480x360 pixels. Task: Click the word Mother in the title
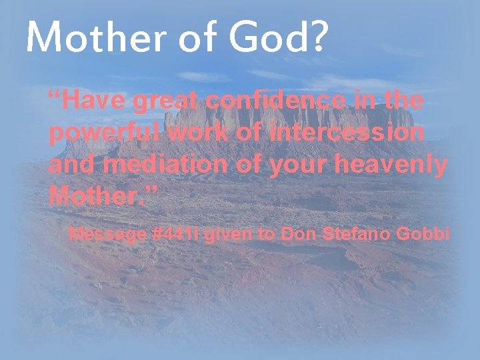(89, 37)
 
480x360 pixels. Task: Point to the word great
(167, 101)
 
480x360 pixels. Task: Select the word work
(197, 133)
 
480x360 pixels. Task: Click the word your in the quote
(297, 164)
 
